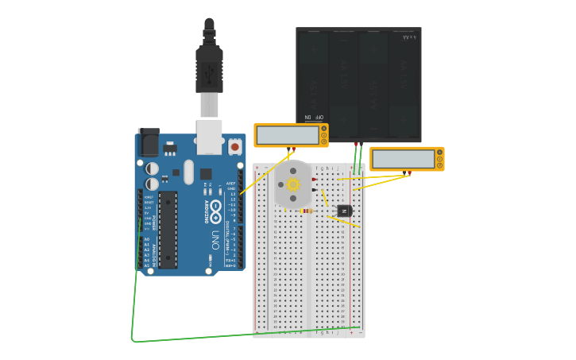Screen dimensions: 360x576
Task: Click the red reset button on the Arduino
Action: (234, 146)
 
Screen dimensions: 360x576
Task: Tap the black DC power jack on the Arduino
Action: (149, 143)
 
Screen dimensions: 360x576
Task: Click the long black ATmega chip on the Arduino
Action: (168, 230)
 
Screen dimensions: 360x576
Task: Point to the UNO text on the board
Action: (215, 238)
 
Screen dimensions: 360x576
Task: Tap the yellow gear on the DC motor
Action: (293, 184)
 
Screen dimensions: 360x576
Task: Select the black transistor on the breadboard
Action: (344, 211)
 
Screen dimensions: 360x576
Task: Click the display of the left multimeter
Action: (287, 136)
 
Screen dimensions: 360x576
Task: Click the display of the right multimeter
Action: (403, 159)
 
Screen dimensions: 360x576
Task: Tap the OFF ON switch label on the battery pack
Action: (315, 117)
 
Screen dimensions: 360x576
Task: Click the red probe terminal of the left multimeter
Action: (292, 149)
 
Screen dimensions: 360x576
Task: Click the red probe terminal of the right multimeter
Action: (408, 172)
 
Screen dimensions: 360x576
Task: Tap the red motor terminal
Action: (315, 180)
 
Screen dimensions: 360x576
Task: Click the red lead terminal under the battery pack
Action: (356, 144)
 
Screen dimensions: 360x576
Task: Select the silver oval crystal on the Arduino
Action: (188, 172)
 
